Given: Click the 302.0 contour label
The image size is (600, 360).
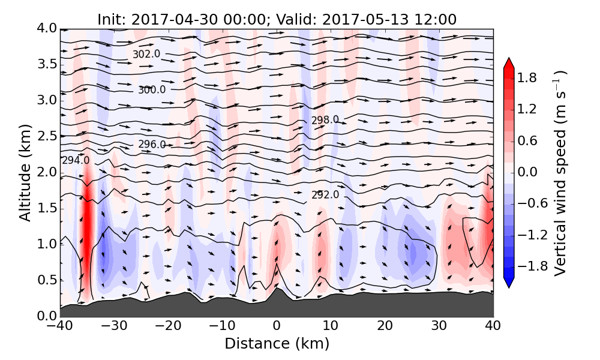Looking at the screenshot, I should [146, 54].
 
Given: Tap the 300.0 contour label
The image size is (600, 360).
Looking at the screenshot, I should [152, 90].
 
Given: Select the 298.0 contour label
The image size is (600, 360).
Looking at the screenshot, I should [325, 120].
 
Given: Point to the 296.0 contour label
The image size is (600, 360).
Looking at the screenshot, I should [152, 145].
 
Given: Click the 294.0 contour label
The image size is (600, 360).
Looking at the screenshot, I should [76, 160].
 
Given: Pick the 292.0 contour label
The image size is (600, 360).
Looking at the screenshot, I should [325, 195].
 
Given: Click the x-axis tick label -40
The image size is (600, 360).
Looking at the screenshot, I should [60, 327].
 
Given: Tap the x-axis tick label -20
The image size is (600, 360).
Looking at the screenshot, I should [168, 327].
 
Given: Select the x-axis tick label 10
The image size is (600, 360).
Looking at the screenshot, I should [331, 327].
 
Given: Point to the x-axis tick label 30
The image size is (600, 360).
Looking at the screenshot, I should [439, 327].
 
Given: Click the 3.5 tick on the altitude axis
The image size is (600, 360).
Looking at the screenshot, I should [44, 64].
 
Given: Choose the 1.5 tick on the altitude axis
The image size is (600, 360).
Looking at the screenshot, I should [44, 208].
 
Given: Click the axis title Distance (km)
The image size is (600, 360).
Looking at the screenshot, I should [277, 344].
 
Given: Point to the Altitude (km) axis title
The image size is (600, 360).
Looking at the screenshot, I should [25, 172].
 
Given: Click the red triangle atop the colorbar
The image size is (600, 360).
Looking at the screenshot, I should [508, 62].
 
